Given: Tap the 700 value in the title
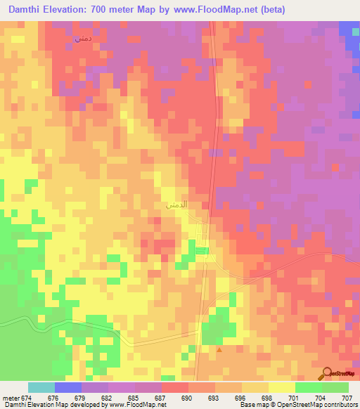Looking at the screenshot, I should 112,10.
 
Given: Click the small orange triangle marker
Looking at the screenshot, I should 219,349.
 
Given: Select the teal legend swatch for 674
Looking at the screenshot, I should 41,387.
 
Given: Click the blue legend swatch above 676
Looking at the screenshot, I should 67,387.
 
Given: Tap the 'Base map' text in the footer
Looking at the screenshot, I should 249,405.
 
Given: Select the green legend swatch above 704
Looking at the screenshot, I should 309,387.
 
